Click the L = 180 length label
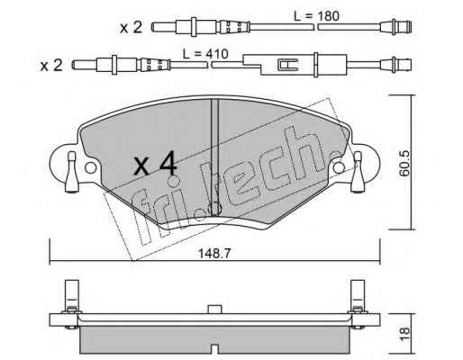point(316,16)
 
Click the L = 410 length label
point(206,54)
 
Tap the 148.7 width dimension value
point(214,254)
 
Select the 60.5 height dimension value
point(404,163)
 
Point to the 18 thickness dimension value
point(404,333)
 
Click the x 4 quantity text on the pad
point(155,164)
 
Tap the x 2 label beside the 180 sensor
point(131,28)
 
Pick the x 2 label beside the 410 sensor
point(51,66)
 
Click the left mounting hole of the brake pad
point(91,167)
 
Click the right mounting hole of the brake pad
point(339,167)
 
